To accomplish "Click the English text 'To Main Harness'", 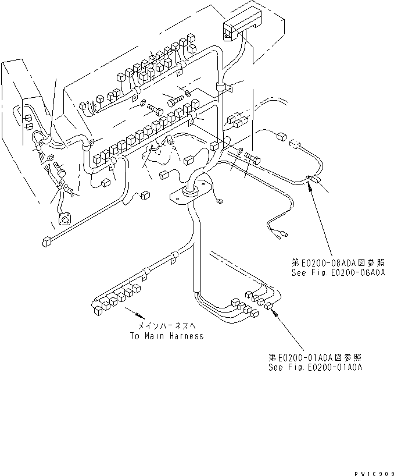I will [x=166, y=336].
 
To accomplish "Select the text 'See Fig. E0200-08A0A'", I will [x=338, y=272].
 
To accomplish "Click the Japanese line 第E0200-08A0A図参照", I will [x=338, y=263].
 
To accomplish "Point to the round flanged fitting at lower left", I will [x=64, y=219].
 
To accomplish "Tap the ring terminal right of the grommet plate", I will [x=220, y=201].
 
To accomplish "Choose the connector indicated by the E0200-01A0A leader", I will [x=269, y=308].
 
